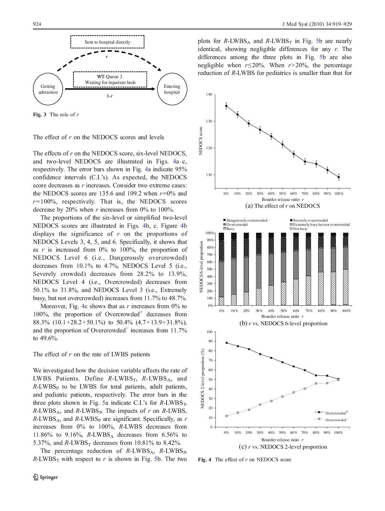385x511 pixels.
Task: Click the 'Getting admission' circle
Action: click(48, 89)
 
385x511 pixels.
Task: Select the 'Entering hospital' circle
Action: click(172, 89)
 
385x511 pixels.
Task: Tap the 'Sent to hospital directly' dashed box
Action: click(107, 42)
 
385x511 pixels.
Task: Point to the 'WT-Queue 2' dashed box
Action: click(110, 79)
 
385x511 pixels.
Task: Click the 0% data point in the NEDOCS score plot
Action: click(226, 106)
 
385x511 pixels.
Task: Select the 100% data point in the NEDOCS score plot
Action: click(338, 177)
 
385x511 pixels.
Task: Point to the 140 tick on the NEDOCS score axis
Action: click(209, 94)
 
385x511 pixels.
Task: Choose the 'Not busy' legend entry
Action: click(300, 229)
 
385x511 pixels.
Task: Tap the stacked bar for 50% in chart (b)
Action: click(283, 269)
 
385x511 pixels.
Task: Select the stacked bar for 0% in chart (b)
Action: click(221, 269)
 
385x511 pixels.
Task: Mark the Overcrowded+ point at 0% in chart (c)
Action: click(227, 343)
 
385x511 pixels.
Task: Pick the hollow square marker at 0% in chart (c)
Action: click(227, 416)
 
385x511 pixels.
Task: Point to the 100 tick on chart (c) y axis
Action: click(209, 332)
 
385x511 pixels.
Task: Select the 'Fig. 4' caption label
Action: click(204, 459)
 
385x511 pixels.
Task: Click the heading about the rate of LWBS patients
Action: click(91, 354)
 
